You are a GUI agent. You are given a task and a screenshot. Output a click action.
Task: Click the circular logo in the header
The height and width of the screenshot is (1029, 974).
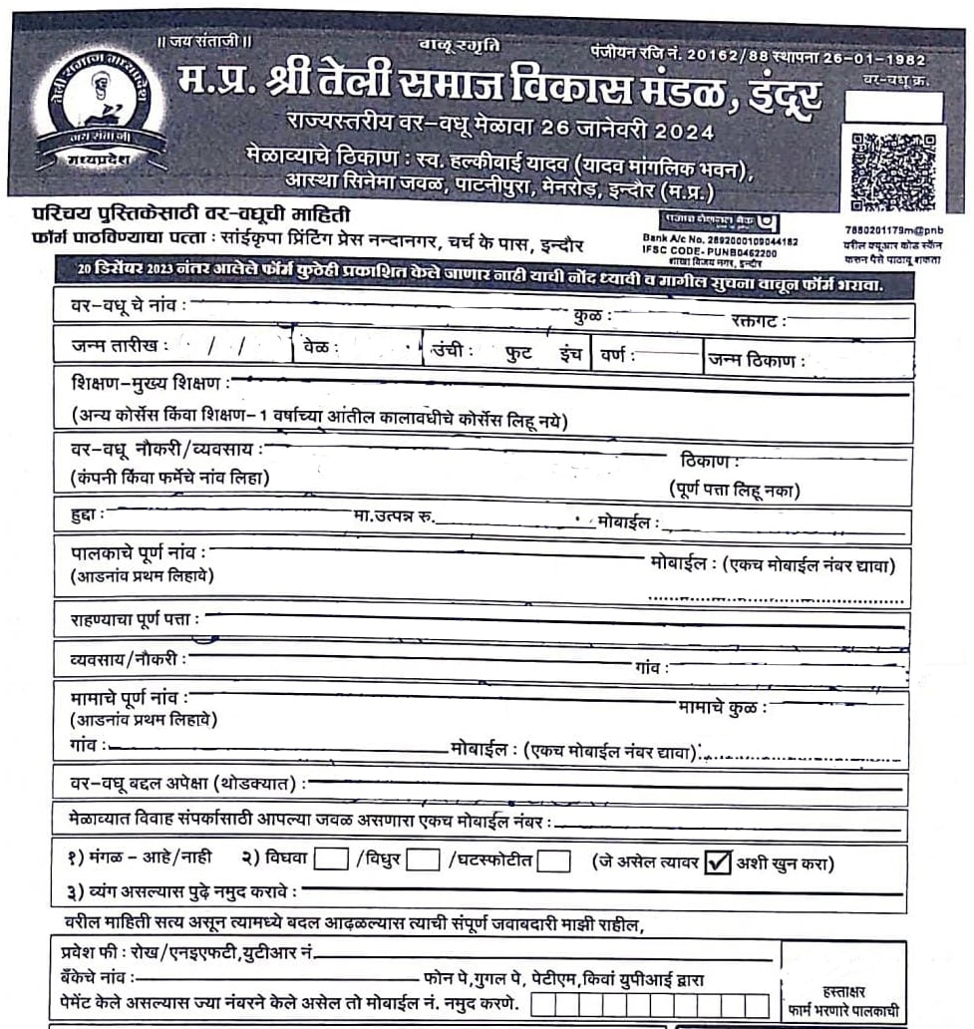(98, 110)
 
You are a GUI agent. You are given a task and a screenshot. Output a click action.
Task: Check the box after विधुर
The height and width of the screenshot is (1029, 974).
(422, 859)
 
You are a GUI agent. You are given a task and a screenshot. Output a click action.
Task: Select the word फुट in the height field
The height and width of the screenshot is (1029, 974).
(519, 353)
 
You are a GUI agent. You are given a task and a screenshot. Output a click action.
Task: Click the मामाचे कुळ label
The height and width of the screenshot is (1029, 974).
(722, 707)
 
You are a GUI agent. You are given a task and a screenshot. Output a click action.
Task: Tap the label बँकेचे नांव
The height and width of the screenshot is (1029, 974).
(96, 979)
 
